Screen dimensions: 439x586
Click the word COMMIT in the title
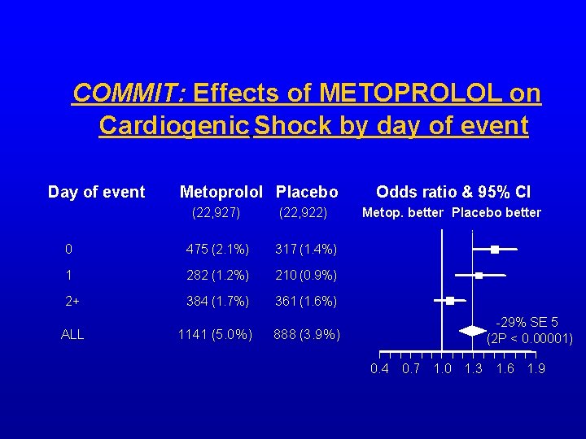coord(129,93)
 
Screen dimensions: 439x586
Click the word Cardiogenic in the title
coord(173,126)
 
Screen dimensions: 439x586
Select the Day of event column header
coord(96,192)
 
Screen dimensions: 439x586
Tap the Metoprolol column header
coord(221,192)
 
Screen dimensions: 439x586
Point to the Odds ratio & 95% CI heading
coord(453,192)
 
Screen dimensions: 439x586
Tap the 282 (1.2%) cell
coord(218,275)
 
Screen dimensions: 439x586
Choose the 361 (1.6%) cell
coord(305,301)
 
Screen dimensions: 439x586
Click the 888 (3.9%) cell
coord(307,334)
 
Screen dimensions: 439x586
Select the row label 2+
coord(72,301)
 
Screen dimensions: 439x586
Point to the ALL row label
coord(72,334)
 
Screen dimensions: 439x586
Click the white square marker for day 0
coord(494,250)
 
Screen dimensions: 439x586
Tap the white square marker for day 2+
coord(450,301)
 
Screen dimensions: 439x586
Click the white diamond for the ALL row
coord(472,331)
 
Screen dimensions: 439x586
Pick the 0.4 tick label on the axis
coord(379,369)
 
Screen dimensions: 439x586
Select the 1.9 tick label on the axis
coord(535,369)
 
